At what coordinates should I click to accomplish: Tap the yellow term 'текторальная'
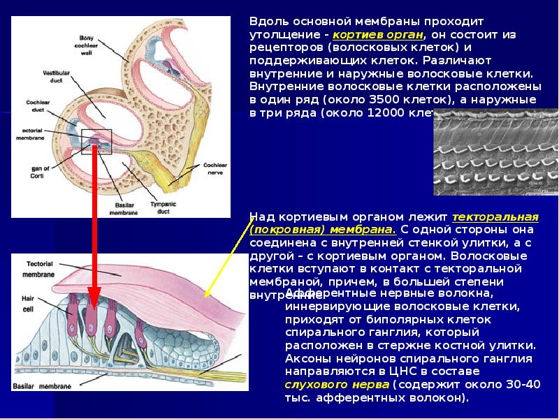coord(495,217)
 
